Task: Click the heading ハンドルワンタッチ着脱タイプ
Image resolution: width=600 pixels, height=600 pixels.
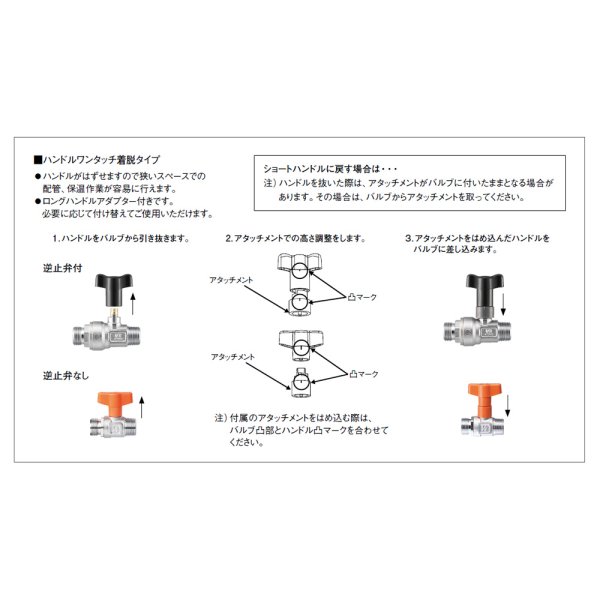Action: pos(102,160)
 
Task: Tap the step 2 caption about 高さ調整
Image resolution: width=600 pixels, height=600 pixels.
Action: pos(295,240)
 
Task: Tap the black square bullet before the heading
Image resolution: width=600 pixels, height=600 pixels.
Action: pos(38,160)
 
